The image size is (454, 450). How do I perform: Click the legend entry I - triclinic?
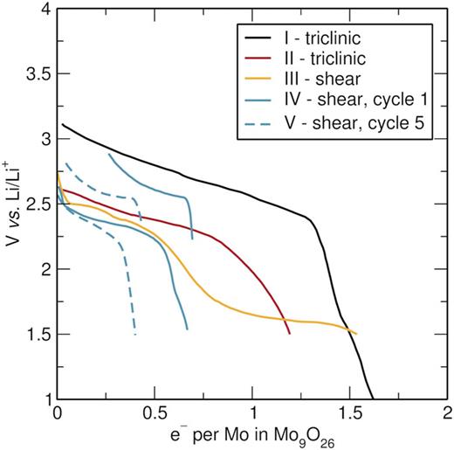pos(322,38)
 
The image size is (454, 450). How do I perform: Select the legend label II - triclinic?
pos(325,59)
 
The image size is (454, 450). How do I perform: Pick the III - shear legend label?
pos(322,79)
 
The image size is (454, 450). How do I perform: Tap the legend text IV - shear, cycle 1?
pos(356,100)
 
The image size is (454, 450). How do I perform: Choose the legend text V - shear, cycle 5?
pos(354,123)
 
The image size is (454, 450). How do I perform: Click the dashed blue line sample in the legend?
pos(258,124)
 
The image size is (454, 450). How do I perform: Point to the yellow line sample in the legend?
pos(258,79)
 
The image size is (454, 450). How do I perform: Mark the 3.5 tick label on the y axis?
pos(37,73)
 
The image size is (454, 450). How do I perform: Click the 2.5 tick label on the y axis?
pos(37,204)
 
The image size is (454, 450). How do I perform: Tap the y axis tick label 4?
pos(45,10)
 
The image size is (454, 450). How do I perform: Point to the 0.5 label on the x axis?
pos(155,413)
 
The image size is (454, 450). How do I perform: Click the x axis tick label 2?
pos(447,413)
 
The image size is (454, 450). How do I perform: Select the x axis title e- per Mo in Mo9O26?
pos(252,437)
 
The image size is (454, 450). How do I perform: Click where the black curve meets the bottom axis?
pos(373,398)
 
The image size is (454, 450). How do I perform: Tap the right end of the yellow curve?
pos(356,334)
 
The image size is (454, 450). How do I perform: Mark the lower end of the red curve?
pos(290,334)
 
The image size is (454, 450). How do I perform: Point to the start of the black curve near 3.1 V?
pos(62,125)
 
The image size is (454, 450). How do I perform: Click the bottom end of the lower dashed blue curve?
pos(135,335)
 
